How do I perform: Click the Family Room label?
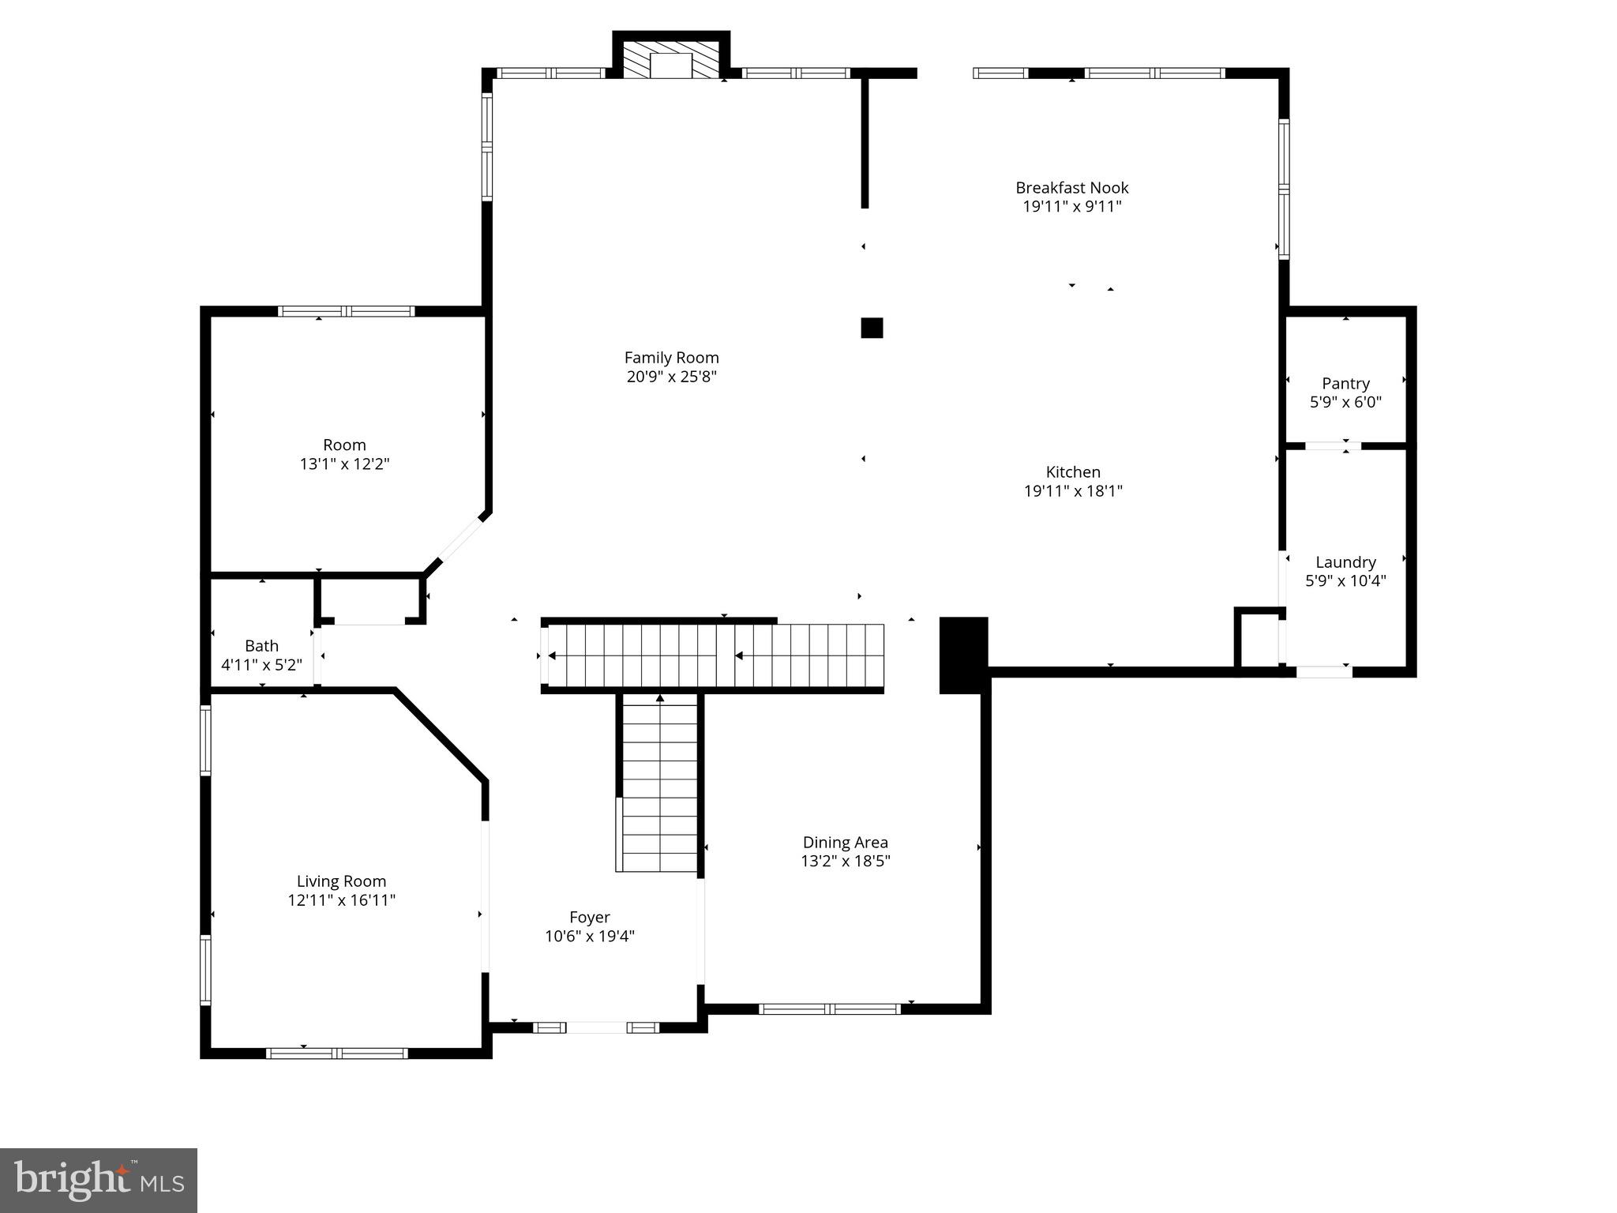click(671, 358)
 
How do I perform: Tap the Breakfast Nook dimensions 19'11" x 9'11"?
click(1071, 207)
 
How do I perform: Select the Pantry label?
click(1345, 383)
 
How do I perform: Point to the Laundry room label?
click(1345, 562)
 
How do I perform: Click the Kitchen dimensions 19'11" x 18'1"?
click(1073, 491)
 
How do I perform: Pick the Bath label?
click(261, 646)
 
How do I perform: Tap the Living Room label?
click(341, 881)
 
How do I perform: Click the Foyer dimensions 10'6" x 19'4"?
click(590, 937)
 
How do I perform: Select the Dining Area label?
click(845, 843)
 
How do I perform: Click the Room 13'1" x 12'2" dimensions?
click(344, 464)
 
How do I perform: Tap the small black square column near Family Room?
click(872, 328)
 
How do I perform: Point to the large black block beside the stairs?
click(963, 655)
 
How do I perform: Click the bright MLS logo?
click(99, 1180)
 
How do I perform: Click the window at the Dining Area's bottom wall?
click(829, 1008)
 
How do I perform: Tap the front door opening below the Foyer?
click(597, 1027)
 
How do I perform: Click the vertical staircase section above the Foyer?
click(659, 782)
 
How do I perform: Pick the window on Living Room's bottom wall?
click(337, 1053)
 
